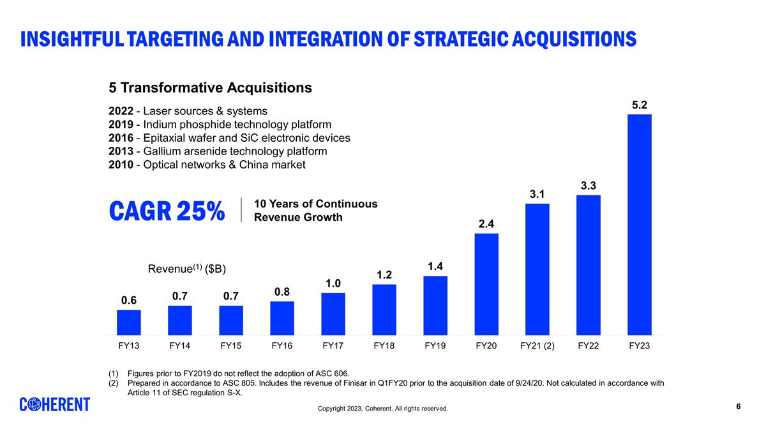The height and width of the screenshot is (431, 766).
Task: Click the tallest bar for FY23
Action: click(639, 224)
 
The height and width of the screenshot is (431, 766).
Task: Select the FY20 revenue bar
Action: click(486, 284)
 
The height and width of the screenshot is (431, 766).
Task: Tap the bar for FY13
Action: click(129, 322)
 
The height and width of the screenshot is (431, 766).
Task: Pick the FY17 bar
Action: click(333, 314)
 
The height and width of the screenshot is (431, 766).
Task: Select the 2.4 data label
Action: click(486, 223)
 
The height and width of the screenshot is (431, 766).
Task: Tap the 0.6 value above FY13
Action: click(129, 300)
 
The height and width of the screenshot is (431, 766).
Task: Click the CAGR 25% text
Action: click(167, 211)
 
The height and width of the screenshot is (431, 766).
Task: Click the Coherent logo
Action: click(55, 405)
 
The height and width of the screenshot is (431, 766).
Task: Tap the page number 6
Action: click(739, 407)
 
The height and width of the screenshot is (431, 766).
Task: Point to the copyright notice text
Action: click(383, 409)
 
